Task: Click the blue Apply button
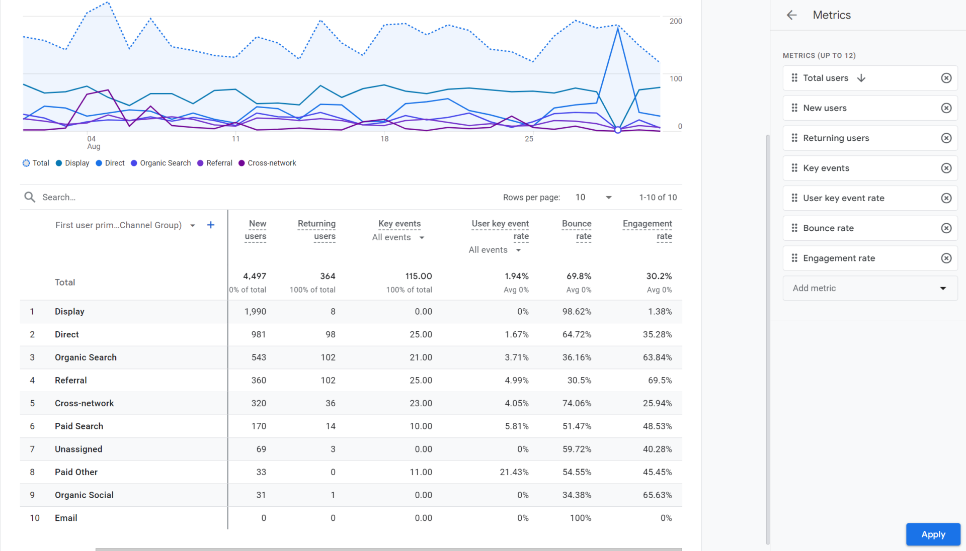click(x=933, y=534)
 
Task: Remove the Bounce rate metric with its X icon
click(x=946, y=228)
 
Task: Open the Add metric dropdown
click(x=870, y=288)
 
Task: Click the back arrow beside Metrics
click(x=791, y=15)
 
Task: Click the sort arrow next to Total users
click(x=861, y=78)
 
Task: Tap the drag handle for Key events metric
click(x=794, y=168)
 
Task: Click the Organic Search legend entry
click(x=161, y=163)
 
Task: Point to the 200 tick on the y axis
click(x=676, y=21)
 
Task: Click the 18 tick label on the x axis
click(x=384, y=139)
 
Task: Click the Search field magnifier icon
click(x=30, y=197)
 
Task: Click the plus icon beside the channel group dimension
click(x=211, y=225)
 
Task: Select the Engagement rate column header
click(x=647, y=230)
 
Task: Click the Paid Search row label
click(x=79, y=426)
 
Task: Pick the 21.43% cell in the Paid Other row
click(x=514, y=472)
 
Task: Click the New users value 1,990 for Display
click(x=255, y=312)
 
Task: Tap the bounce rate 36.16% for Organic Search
click(x=577, y=357)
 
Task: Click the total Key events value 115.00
click(x=419, y=276)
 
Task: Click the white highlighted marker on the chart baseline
click(x=618, y=130)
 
